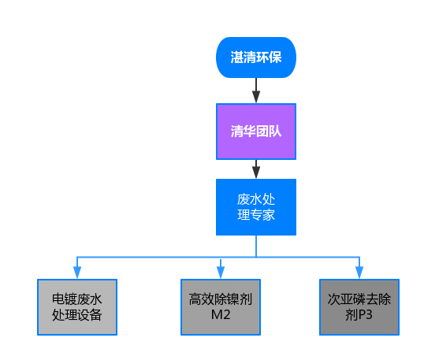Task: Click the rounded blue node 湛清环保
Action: pos(256,58)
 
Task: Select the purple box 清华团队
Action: pos(256,132)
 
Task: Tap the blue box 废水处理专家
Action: pos(256,207)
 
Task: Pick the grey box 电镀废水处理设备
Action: pos(77,307)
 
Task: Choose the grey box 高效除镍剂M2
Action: pos(221,307)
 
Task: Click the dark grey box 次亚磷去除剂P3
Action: pos(359,307)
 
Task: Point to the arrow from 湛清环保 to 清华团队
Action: pos(256,91)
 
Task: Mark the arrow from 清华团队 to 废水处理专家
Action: pos(256,169)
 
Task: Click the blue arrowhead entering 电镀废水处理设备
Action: pos(77,273)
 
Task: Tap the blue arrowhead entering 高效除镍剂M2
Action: pos(221,273)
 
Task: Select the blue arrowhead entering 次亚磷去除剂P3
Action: pos(359,273)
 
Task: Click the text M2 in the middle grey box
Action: pos(221,315)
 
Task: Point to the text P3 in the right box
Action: pos(366,315)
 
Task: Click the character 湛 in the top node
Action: pos(237,58)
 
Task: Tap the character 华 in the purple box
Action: pos(250,132)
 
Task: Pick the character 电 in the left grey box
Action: pos(58,299)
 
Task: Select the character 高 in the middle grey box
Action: pos(195,299)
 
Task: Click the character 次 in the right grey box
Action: pos(334,299)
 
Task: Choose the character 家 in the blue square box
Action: pos(269,215)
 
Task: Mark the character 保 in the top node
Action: pos(275,58)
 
